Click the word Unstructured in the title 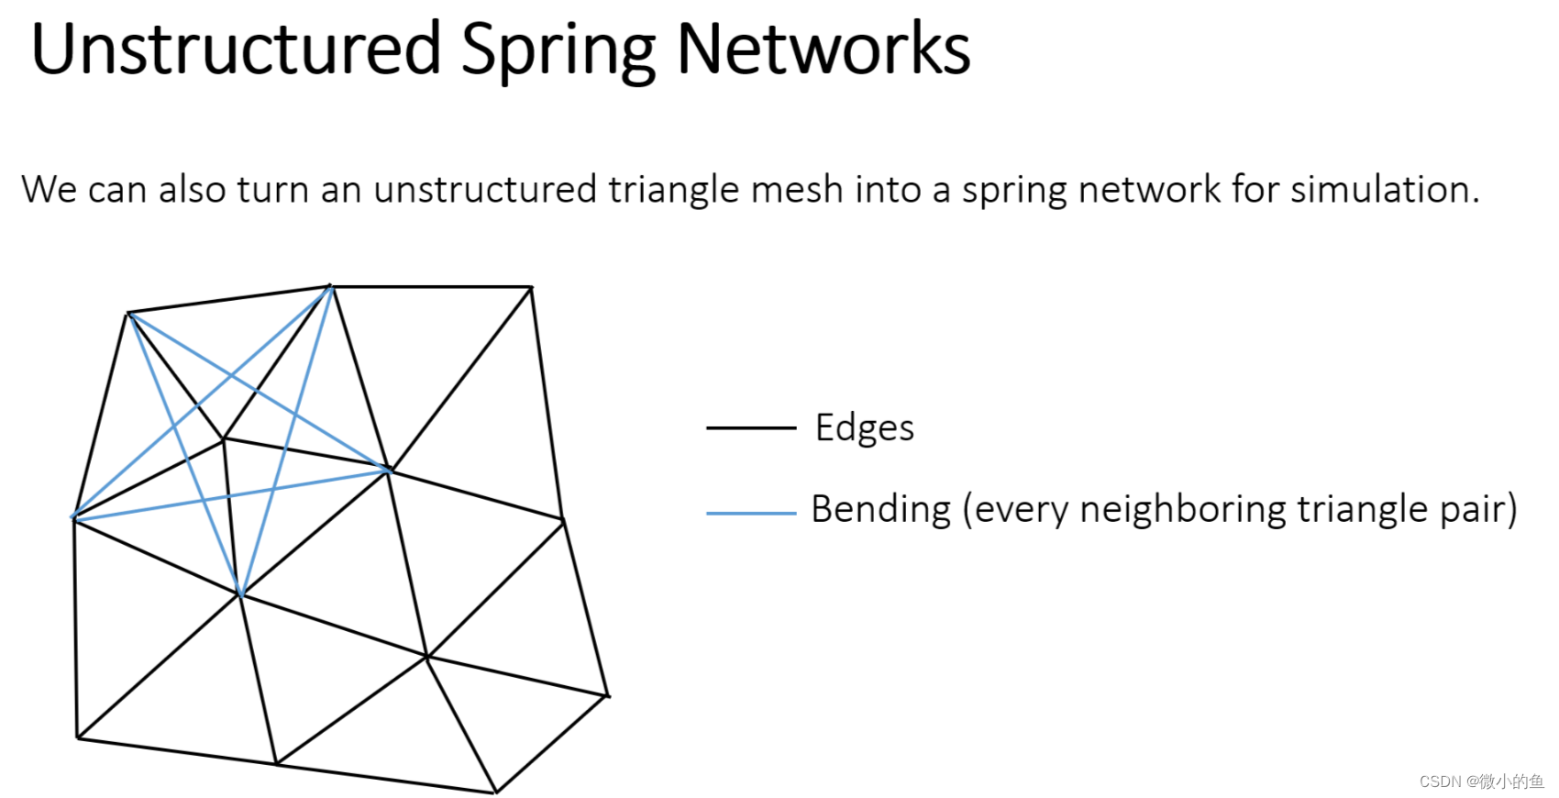click(236, 50)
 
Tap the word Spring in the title click(558, 51)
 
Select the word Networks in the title click(823, 50)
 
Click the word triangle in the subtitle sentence click(673, 190)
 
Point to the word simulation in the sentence click(1385, 190)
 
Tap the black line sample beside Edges click(750, 427)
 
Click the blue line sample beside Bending click(750, 513)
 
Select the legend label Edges click(865, 428)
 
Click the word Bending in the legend click(881, 509)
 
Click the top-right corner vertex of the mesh click(532, 287)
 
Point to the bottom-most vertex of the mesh click(495, 792)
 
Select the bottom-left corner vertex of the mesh click(78, 737)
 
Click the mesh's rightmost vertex click(607, 696)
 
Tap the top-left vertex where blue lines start click(129, 314)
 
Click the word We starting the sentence click(50, 190)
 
